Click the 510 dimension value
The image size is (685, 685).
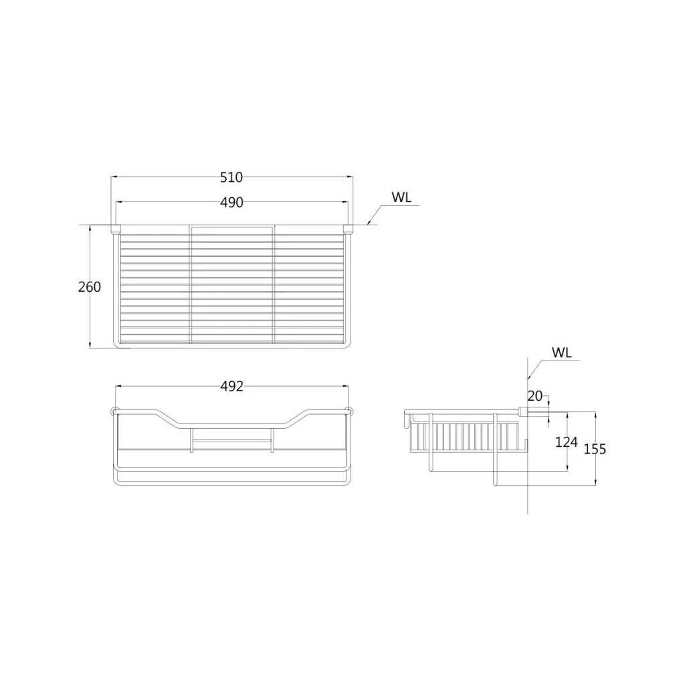pyautogui.click(x=231, y=177)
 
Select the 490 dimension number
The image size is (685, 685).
pyautogui.click(x=231, y=203)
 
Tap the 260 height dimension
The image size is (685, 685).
pyautogui.click(x=90, y=287)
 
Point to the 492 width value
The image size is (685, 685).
pyautogui.click(x=231, y=386)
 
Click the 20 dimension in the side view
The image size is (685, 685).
pyautogui.click(x=535, y=396)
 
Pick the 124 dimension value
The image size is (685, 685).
pyautogui.click(x=567, y=443)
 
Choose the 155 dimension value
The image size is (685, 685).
pyautogui.click(x=595, y=449)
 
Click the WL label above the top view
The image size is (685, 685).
pyautogui.click(x=401, y=197)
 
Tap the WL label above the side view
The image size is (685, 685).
pyautogui.click(x=562, y=353)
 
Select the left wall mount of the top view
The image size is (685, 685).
pyautogui.click(x=116, y=229)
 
